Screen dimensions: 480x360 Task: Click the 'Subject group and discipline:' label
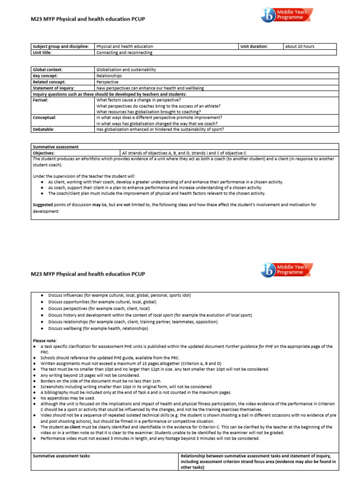click(x=60, y=46)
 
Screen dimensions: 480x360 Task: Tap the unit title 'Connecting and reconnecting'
click(x=124, y=52)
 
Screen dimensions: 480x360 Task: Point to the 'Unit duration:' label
click(x=254, y=46)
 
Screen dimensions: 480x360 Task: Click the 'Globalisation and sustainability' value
click(x=126, y=69)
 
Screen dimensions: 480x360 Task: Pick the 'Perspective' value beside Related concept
click(x=107, y=82)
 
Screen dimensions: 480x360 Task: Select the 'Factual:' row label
click(x=41, y=100)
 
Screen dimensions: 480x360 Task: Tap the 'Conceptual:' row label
click(x=44, y=117)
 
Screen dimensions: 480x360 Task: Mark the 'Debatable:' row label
click(x=43, y=129)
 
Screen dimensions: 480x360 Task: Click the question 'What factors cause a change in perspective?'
click(x=138, y=100)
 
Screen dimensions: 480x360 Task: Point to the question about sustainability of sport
click(x=160, y=129)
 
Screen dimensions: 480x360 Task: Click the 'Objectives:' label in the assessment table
click(x=44, y=153)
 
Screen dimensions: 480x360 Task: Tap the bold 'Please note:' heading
click(x=45, y=340)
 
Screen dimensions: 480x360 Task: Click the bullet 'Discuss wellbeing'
click(x=98, y=329)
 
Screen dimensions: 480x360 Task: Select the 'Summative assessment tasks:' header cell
click(x=61, y=456)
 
